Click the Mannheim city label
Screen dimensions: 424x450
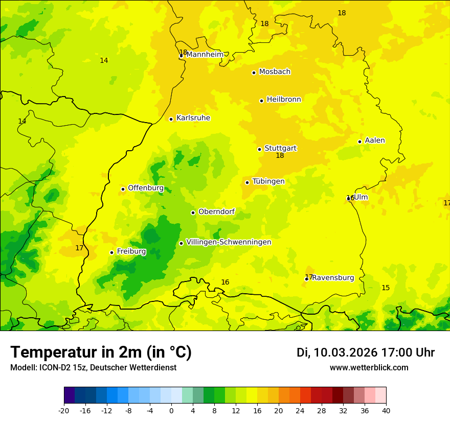(205, 55)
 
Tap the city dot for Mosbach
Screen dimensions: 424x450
(254, 73)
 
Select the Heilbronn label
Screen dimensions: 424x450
(284, 100)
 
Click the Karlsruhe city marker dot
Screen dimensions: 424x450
(171, 119)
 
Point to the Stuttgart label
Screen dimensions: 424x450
(280, 149)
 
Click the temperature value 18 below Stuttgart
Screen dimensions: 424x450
(280, 156)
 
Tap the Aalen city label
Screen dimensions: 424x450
(375, 140)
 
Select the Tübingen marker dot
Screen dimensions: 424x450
(247, 182)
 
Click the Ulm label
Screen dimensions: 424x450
(361, 198)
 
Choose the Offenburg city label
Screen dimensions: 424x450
(146, 188)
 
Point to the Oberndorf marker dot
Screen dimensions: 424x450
(193, 213)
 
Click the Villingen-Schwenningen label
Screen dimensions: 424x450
(229, 242)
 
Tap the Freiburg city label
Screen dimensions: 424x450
(131, 251)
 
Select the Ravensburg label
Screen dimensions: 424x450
(333, 278)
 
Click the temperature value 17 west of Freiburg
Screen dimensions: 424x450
(79, 248)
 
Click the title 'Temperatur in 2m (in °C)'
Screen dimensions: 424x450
(101, 352)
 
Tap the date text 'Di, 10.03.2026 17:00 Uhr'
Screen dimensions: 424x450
(366, 352)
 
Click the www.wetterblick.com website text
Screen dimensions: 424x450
(369, 367)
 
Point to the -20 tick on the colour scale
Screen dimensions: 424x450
(64, 410)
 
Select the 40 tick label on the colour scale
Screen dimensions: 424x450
(386, 410)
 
